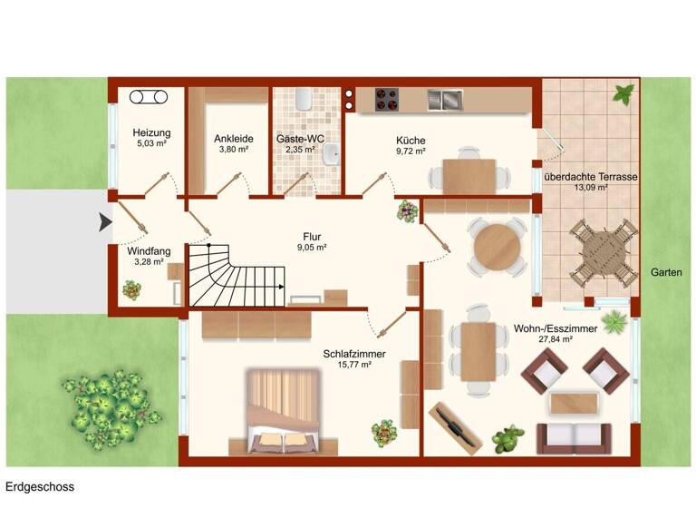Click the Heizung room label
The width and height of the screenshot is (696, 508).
click(150, 132)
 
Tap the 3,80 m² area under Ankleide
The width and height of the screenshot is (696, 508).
click(233, 150)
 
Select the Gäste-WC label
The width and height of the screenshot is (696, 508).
click(300, 139)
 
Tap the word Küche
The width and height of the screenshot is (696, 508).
click(411, 140)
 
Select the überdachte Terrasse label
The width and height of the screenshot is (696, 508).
click(590, 176)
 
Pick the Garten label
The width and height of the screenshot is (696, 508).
click(667, 272)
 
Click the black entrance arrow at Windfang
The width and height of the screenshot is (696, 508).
click(105, 220)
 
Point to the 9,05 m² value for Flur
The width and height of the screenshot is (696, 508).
click(314, 247)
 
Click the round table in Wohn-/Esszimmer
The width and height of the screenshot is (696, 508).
click(498, 244)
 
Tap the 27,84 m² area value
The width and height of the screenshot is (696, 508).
click(556, 339)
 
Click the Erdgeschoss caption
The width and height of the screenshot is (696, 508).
click(40, 487)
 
